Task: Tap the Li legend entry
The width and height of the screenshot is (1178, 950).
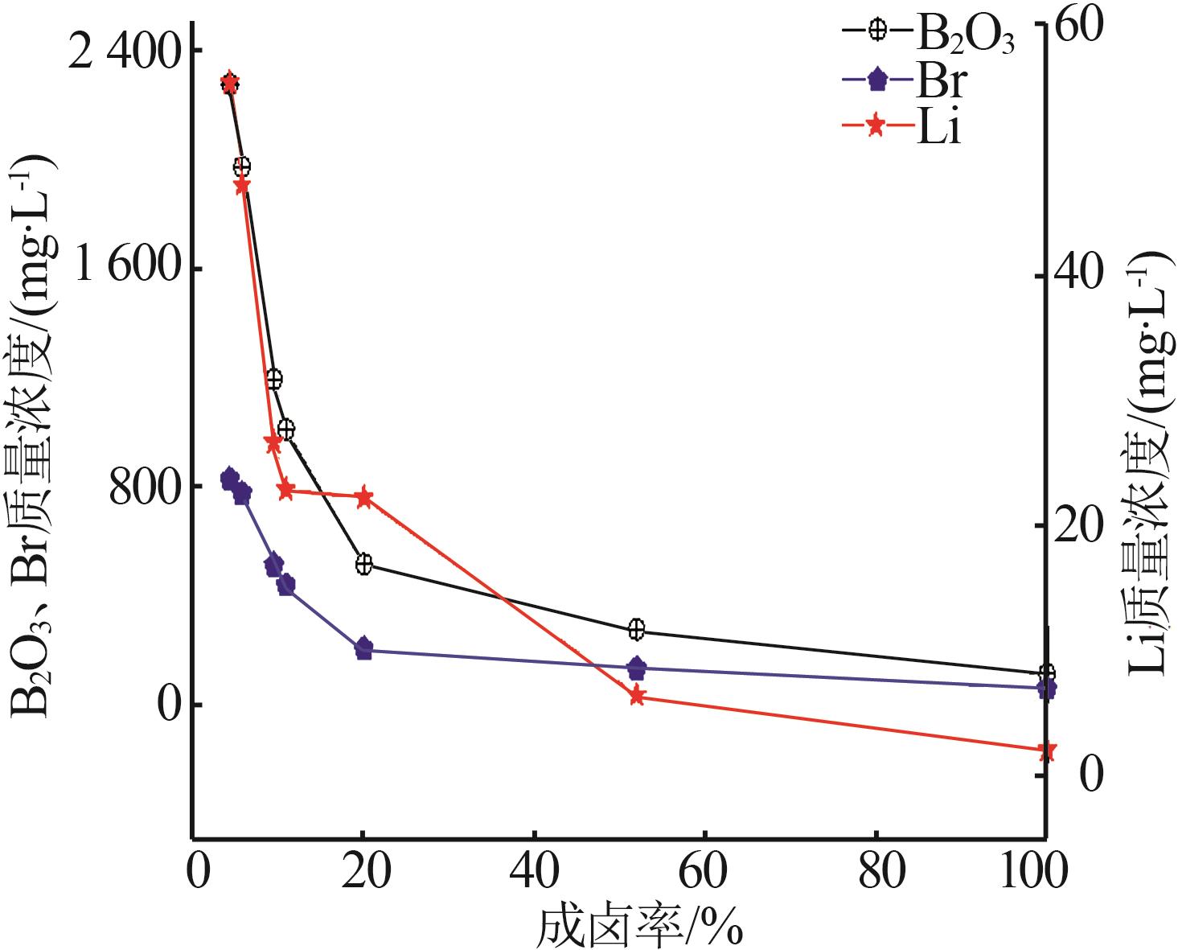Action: tap(909, 128)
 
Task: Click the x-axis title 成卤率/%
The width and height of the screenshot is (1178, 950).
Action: tap(638, 926)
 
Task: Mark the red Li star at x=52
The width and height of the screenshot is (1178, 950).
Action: tap(637, 697)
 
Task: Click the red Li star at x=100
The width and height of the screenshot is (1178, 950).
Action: tap(1046, 751)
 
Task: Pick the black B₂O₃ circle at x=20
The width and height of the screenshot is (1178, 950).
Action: tap(363, 564)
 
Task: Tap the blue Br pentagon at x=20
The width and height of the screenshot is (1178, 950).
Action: tap(363, 648)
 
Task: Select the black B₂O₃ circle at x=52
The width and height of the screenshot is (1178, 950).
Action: tap(637, 629)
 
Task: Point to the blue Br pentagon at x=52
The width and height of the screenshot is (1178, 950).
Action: tap(637, 668)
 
